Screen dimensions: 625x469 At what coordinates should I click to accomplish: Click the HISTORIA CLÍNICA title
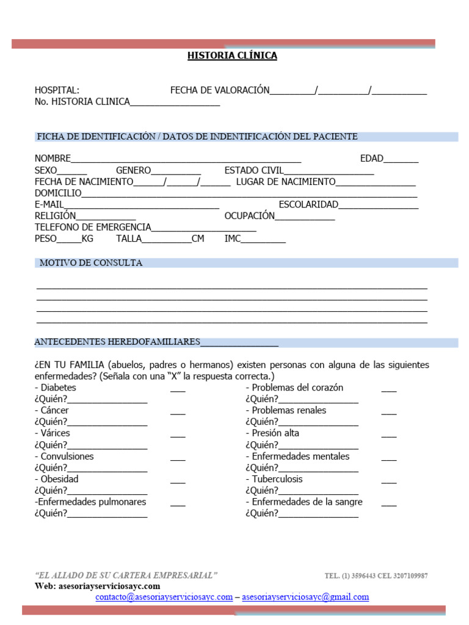pos(232,56)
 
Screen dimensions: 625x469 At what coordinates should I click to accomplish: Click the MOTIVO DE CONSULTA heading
pos(91,263)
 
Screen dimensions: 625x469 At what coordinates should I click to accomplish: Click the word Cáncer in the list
pos(54,411)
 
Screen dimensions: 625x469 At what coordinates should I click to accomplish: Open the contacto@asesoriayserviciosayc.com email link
pos(164,597)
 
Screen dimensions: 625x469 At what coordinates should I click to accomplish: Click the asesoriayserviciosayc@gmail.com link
pos(305,597)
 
